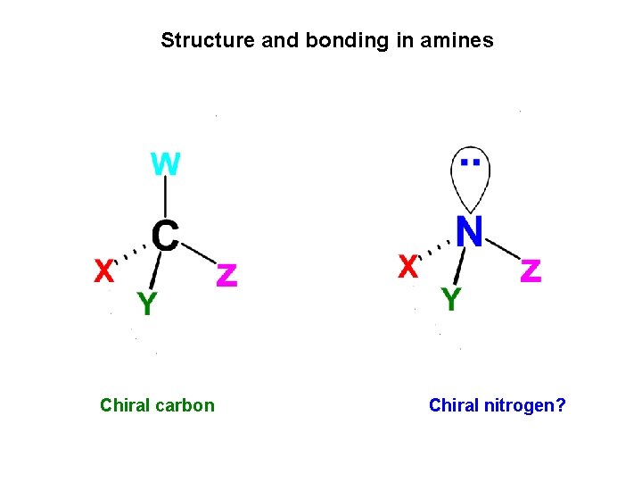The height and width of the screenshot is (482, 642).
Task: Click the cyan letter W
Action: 166,164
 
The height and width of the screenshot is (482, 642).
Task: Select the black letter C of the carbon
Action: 165,236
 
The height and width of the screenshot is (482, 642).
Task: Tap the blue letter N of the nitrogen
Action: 469,232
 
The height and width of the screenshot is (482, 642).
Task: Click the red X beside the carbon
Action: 104,270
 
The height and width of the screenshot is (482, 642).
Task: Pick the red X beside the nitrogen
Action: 408,266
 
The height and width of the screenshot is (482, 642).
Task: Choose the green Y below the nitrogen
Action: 451,299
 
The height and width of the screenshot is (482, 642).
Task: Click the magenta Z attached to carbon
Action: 226,275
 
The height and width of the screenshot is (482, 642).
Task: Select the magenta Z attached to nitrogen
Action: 531,270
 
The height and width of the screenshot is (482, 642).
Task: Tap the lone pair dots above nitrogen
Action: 471,162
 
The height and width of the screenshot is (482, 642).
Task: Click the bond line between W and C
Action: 166,198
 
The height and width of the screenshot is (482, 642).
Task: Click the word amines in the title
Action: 462,40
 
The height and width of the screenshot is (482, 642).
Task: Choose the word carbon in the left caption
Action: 185,405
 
